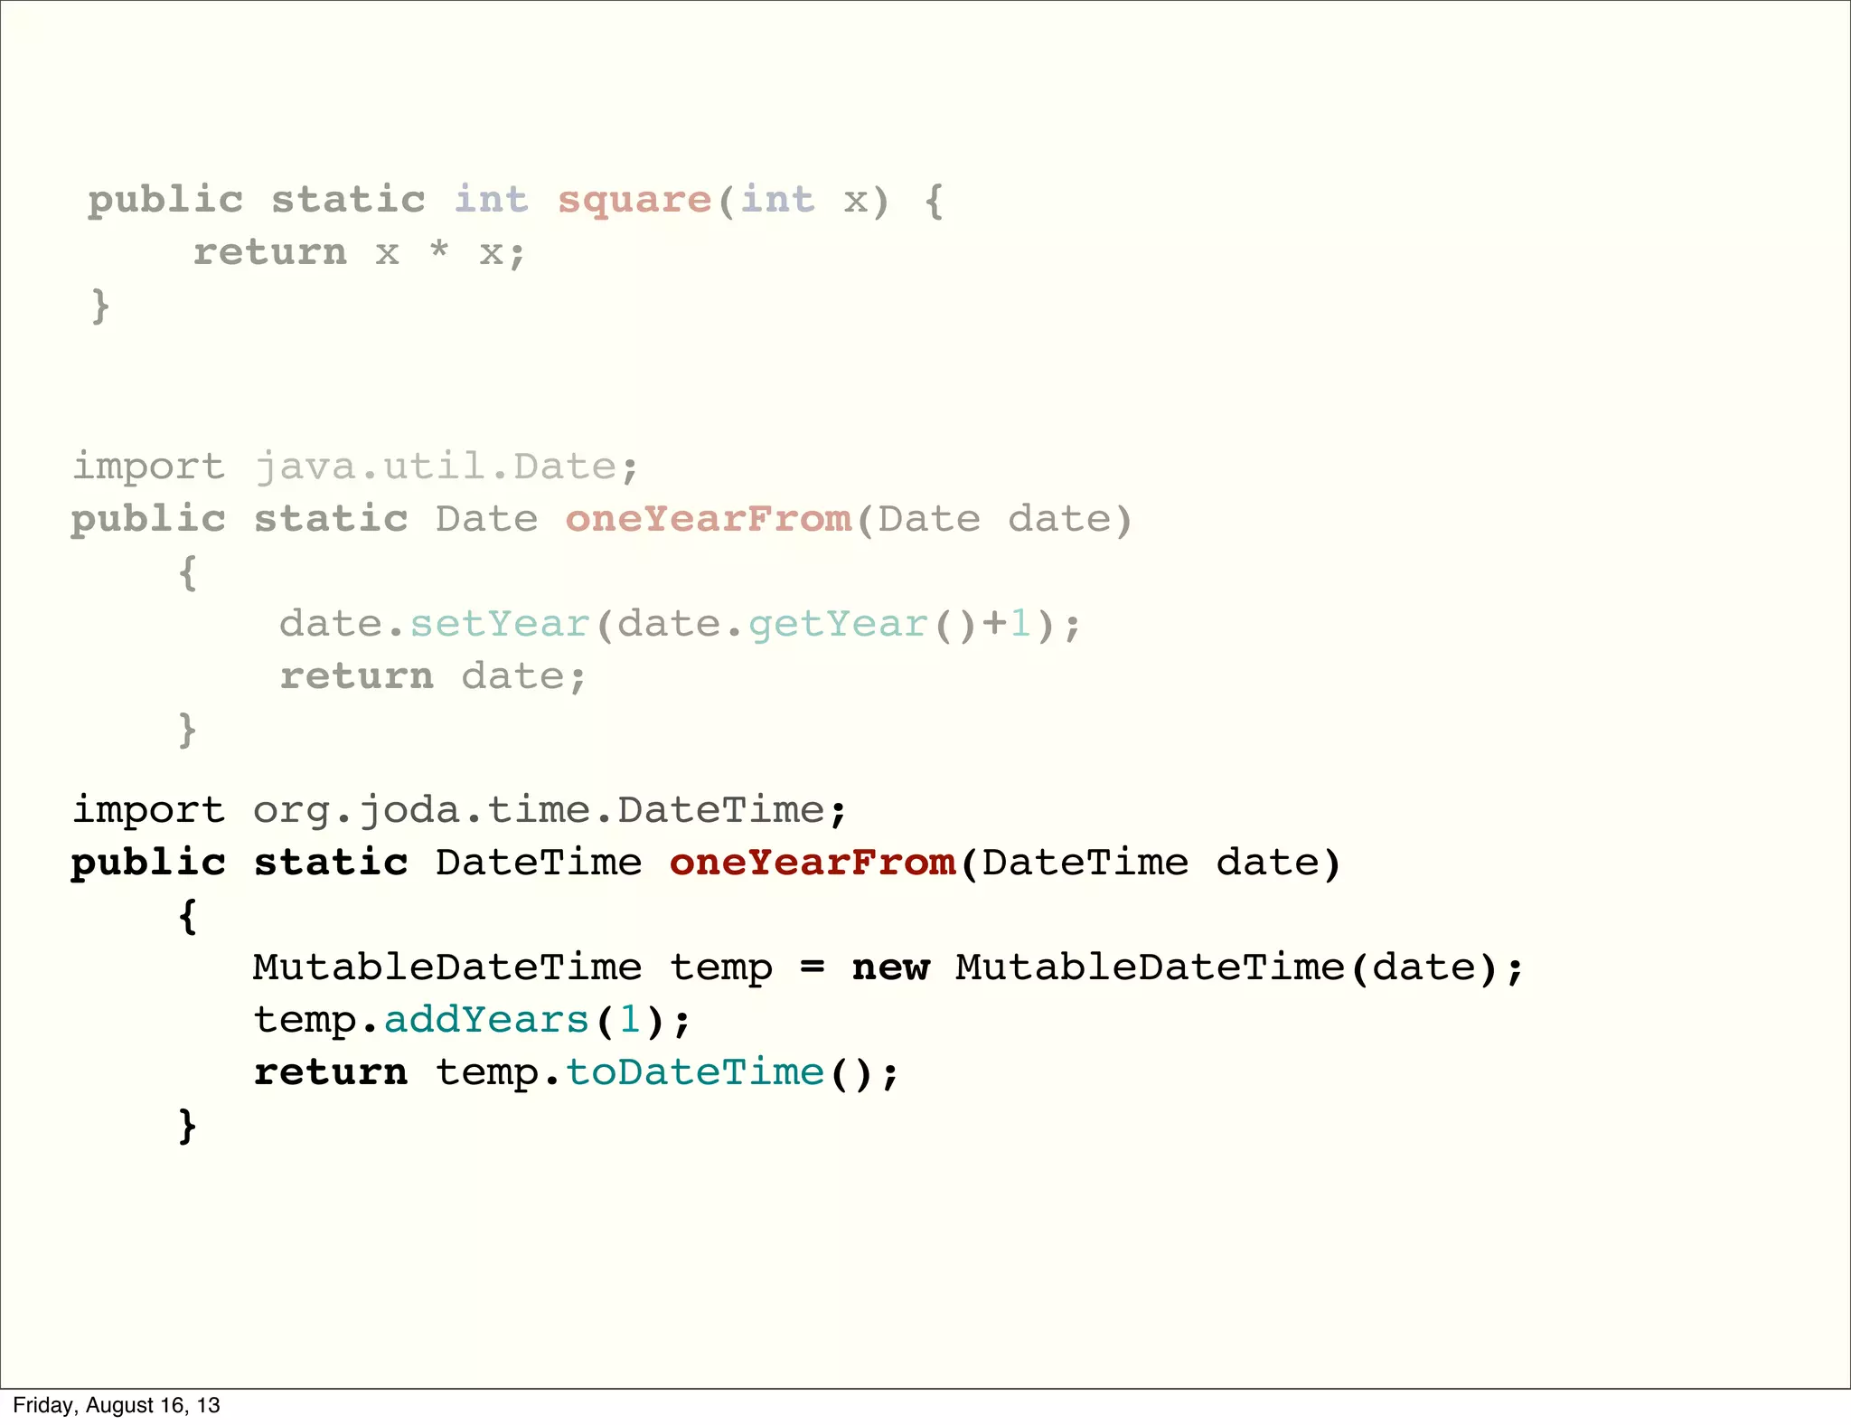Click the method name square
pos(634,200)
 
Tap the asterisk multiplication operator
pos(439,249)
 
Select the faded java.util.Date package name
pos(435,467)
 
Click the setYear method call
pos(500,624)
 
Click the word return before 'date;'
pos(357,676)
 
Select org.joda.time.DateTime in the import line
pos(539,810)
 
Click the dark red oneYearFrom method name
pos(813,863)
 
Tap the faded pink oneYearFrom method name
pos(709,519)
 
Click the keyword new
pos(890,967)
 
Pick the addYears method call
pos(486,1020)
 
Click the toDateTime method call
pos(695,1072)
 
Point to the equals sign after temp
pos(813,967)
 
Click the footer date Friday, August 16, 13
pos(117,1405)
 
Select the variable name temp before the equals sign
pos(721,967)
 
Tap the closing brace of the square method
pos(100,306)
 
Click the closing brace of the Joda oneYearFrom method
pos(187,1126)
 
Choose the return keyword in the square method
pos(270,252)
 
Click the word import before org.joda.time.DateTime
pos(149,810)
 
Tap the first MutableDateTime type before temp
pos(447,967)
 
